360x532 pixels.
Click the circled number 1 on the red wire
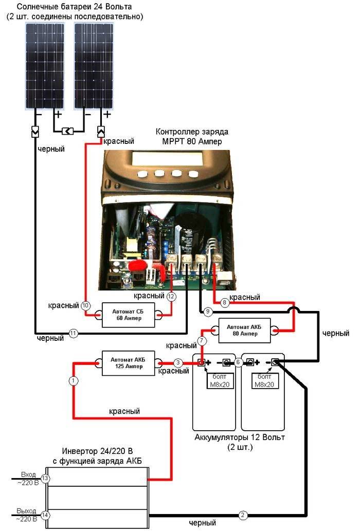tap(73, 381)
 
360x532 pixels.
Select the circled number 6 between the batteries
tap(238, 362)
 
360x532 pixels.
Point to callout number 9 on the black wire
tap(208, 311)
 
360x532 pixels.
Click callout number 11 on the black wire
tap(73, 333)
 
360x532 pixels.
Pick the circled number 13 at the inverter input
tap(45, 479)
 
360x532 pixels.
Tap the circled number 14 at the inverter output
tap(45, 515)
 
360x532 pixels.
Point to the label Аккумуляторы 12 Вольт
tap(239, 437)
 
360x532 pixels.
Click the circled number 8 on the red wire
tap(223, 303)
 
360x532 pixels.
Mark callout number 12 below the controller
tap(171, 297)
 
